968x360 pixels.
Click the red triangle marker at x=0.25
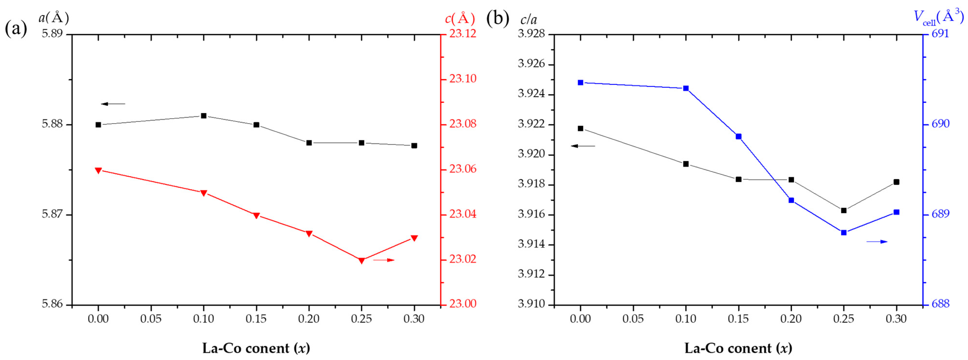362,260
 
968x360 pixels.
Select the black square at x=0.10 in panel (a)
204,116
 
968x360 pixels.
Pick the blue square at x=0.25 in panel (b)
844,233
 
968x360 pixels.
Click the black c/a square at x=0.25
844,210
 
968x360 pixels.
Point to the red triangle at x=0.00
99,170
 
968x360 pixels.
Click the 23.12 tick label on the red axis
463,34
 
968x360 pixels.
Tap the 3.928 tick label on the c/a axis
531,34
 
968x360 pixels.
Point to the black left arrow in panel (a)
113,104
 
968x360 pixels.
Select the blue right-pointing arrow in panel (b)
877,242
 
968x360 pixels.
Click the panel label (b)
497,19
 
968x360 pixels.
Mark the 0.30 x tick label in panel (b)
896,319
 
